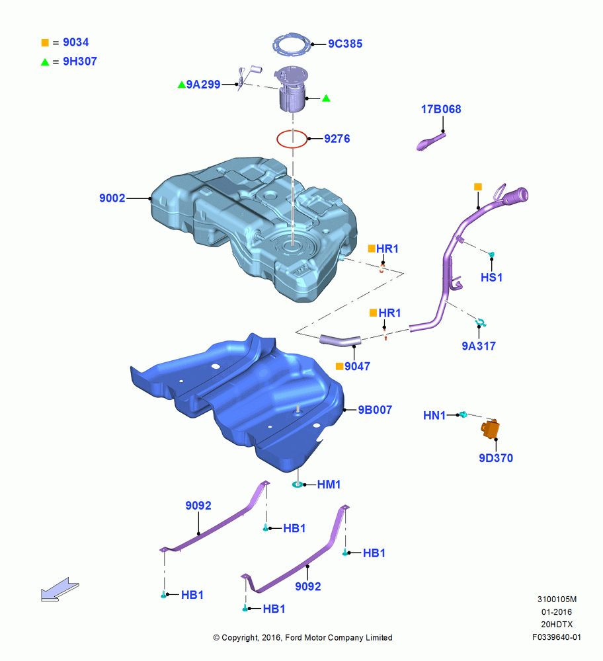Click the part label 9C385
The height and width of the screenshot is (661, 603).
pyautogui.click(x=345, y=44)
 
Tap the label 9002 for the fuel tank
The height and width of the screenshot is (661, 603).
pyautogui.click(x=112, y=198)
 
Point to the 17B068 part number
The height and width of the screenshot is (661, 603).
pyautogui.click(x=441, y=109)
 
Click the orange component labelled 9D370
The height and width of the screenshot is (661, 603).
pyautogui.click(x=491, y=429)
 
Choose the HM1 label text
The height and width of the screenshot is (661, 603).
pyautogui.click(x=329, y=485)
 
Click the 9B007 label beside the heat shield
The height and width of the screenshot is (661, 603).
pyautogui.click(x=375, y=410)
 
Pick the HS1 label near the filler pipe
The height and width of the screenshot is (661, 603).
pyautogui.click(x=492, y=278)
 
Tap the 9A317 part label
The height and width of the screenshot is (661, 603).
pyautogui.click(x=479, y=346)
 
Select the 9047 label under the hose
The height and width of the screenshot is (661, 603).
pyautogui.click(x=357, y=366)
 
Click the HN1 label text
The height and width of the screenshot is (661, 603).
pyautogui.click(x=434, y=416)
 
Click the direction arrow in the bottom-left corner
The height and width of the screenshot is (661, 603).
pyautogui.click(x=60, y=589)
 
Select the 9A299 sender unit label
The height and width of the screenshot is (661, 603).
pyautogui.click(x=203, y=85)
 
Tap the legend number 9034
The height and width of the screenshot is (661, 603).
pyautogui.click(x=76, y=42)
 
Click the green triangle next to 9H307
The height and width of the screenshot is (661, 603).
pyautogui.click(x=45, y=62)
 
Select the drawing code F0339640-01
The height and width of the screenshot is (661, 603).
pyautogui.click(x=557, y=637)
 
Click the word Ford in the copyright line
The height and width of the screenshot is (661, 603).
pyautogui.click(x=294, y=637)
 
